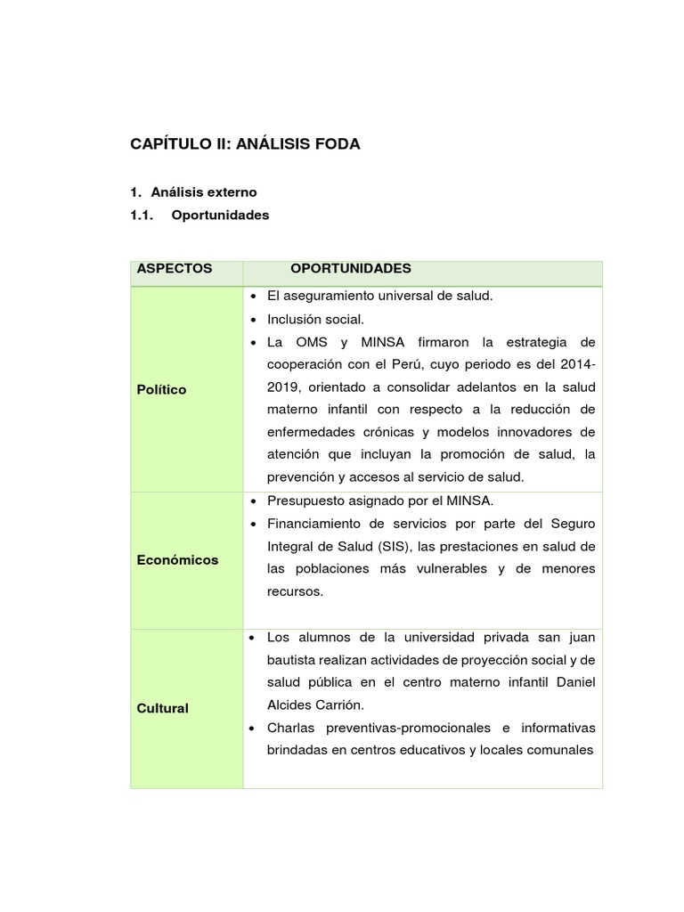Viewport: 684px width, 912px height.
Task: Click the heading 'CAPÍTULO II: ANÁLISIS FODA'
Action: (x=245, y=143)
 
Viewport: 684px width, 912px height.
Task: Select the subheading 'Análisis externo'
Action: (x=203, y=191)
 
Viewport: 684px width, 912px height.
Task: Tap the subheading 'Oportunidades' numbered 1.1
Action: (x=219, y=215)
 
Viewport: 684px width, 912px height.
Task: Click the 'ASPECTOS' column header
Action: (x=175, y=268)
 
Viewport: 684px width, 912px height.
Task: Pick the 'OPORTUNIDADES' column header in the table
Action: (x=351, y=268)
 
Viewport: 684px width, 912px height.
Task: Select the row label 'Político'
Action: (x=162, y=389)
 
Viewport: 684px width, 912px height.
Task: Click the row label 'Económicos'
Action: (x=177, y=560)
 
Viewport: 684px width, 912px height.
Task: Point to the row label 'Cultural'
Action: (x=163, y=708)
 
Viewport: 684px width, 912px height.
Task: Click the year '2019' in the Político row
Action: (x=284, y=387)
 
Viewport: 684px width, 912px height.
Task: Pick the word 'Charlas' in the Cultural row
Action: (x=289, y=728)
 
